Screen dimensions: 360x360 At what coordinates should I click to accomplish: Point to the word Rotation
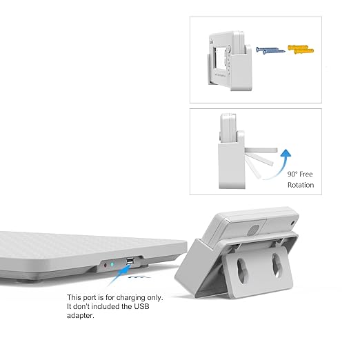[300, 185]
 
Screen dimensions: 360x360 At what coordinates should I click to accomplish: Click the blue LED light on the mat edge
[113, 263]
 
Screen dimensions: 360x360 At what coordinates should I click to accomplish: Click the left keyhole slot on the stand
[238, 266]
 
